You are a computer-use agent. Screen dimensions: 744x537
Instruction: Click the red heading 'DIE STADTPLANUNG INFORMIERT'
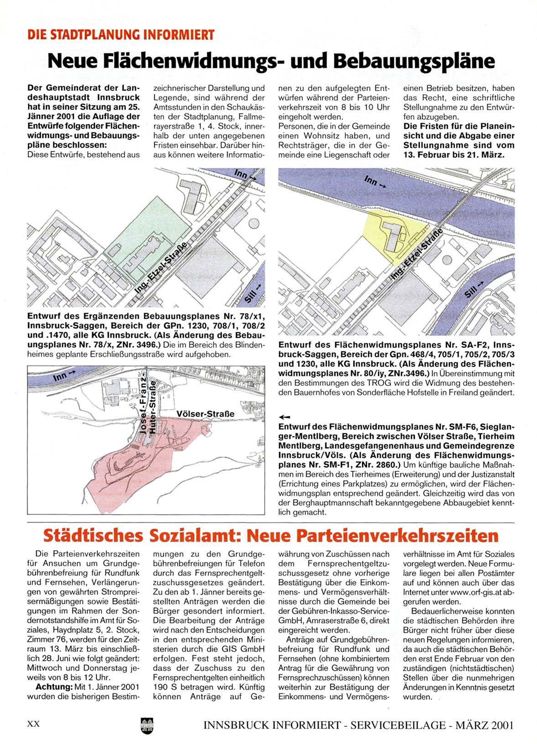click(x=120, y=35)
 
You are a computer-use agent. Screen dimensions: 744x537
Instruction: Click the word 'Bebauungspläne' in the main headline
click(x=414, y=61)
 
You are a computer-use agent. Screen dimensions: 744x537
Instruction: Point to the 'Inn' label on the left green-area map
click(x=242, y=174)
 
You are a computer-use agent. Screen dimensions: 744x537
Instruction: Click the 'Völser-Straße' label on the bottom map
click(x=205, y=414)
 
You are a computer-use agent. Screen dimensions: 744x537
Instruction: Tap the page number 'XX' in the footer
click(x=34, y=724)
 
